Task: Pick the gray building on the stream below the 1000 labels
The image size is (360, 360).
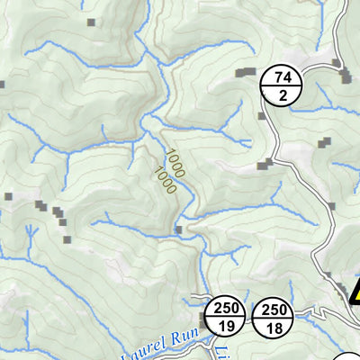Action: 178,230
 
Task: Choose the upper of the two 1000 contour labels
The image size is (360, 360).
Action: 174,162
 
